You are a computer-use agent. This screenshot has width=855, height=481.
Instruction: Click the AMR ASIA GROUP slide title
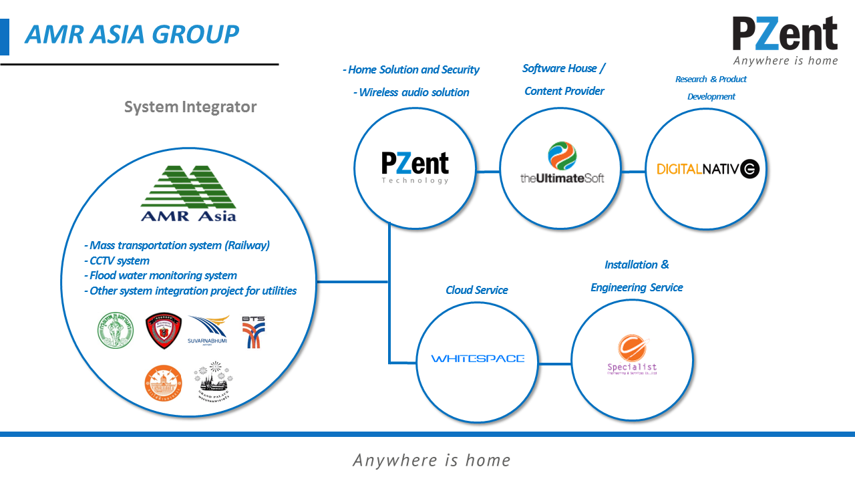[132, 34]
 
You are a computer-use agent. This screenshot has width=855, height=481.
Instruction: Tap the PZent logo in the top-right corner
[785, 40]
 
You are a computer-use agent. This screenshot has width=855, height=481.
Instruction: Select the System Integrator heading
[190, 107]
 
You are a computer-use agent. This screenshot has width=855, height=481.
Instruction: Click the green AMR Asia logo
[188, 193]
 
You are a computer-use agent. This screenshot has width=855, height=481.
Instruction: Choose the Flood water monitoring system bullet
[160, 275]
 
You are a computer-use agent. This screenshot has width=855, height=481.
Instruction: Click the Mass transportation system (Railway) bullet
[177, 245]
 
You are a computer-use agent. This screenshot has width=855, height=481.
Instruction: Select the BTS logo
[253, 331]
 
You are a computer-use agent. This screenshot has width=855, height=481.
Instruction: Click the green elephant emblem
[116, 331]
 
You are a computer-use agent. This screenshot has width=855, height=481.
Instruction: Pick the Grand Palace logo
[213, 382]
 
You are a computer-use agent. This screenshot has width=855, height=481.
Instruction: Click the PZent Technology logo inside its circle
[415, 167]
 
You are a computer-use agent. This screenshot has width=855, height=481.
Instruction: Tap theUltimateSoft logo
[562, 163]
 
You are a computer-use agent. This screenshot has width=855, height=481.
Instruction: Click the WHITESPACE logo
[478, 359]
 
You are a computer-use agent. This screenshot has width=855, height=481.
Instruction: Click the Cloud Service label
[477, 290]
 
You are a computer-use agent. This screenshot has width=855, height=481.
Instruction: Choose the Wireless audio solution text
[411, 92]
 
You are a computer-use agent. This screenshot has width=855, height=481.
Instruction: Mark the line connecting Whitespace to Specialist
[555, 364]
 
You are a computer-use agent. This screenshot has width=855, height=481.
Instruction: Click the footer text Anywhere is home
[432, 460]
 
